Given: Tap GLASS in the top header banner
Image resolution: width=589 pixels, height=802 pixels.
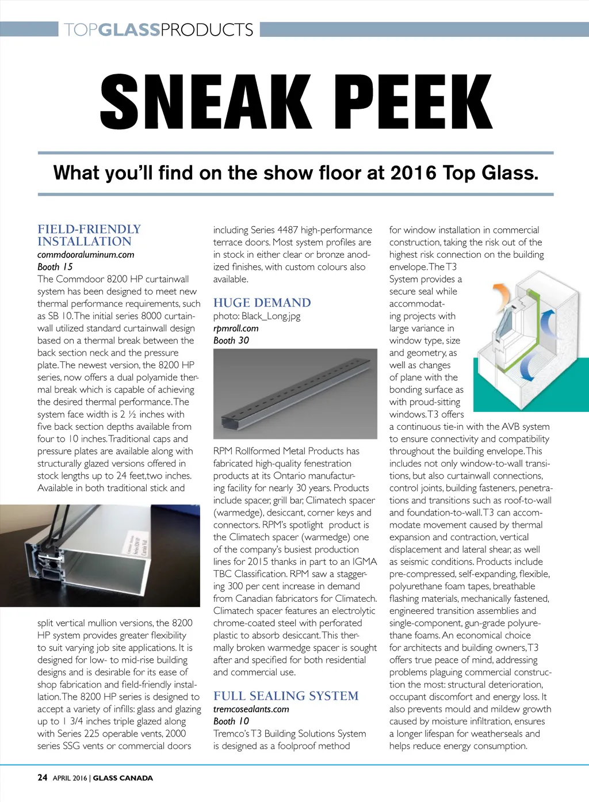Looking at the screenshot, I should [128, 29].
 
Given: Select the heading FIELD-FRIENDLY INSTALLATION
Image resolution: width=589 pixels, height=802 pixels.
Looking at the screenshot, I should [89, 235].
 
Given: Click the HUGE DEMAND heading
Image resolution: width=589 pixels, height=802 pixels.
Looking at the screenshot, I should [262, 303].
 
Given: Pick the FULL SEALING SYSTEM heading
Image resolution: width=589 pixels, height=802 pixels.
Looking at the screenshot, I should [286, 696].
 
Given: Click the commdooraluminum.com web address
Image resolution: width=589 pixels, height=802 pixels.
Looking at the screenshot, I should [86, 254].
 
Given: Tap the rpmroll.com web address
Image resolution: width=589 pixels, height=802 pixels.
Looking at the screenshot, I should [236, 328].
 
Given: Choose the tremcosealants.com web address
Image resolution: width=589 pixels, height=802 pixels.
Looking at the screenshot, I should [251, 709].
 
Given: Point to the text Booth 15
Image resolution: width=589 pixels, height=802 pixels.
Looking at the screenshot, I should [55, 266].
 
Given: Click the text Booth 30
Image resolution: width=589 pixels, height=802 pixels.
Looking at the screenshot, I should [231, 340].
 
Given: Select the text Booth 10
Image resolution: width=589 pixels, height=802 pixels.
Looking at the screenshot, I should [231, 721].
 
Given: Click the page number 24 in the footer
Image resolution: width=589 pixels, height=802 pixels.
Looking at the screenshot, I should [43, 778].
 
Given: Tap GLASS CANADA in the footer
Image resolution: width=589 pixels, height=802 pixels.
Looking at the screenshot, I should [123, 778].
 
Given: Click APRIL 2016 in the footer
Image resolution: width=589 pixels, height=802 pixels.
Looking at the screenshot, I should [70, 778].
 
